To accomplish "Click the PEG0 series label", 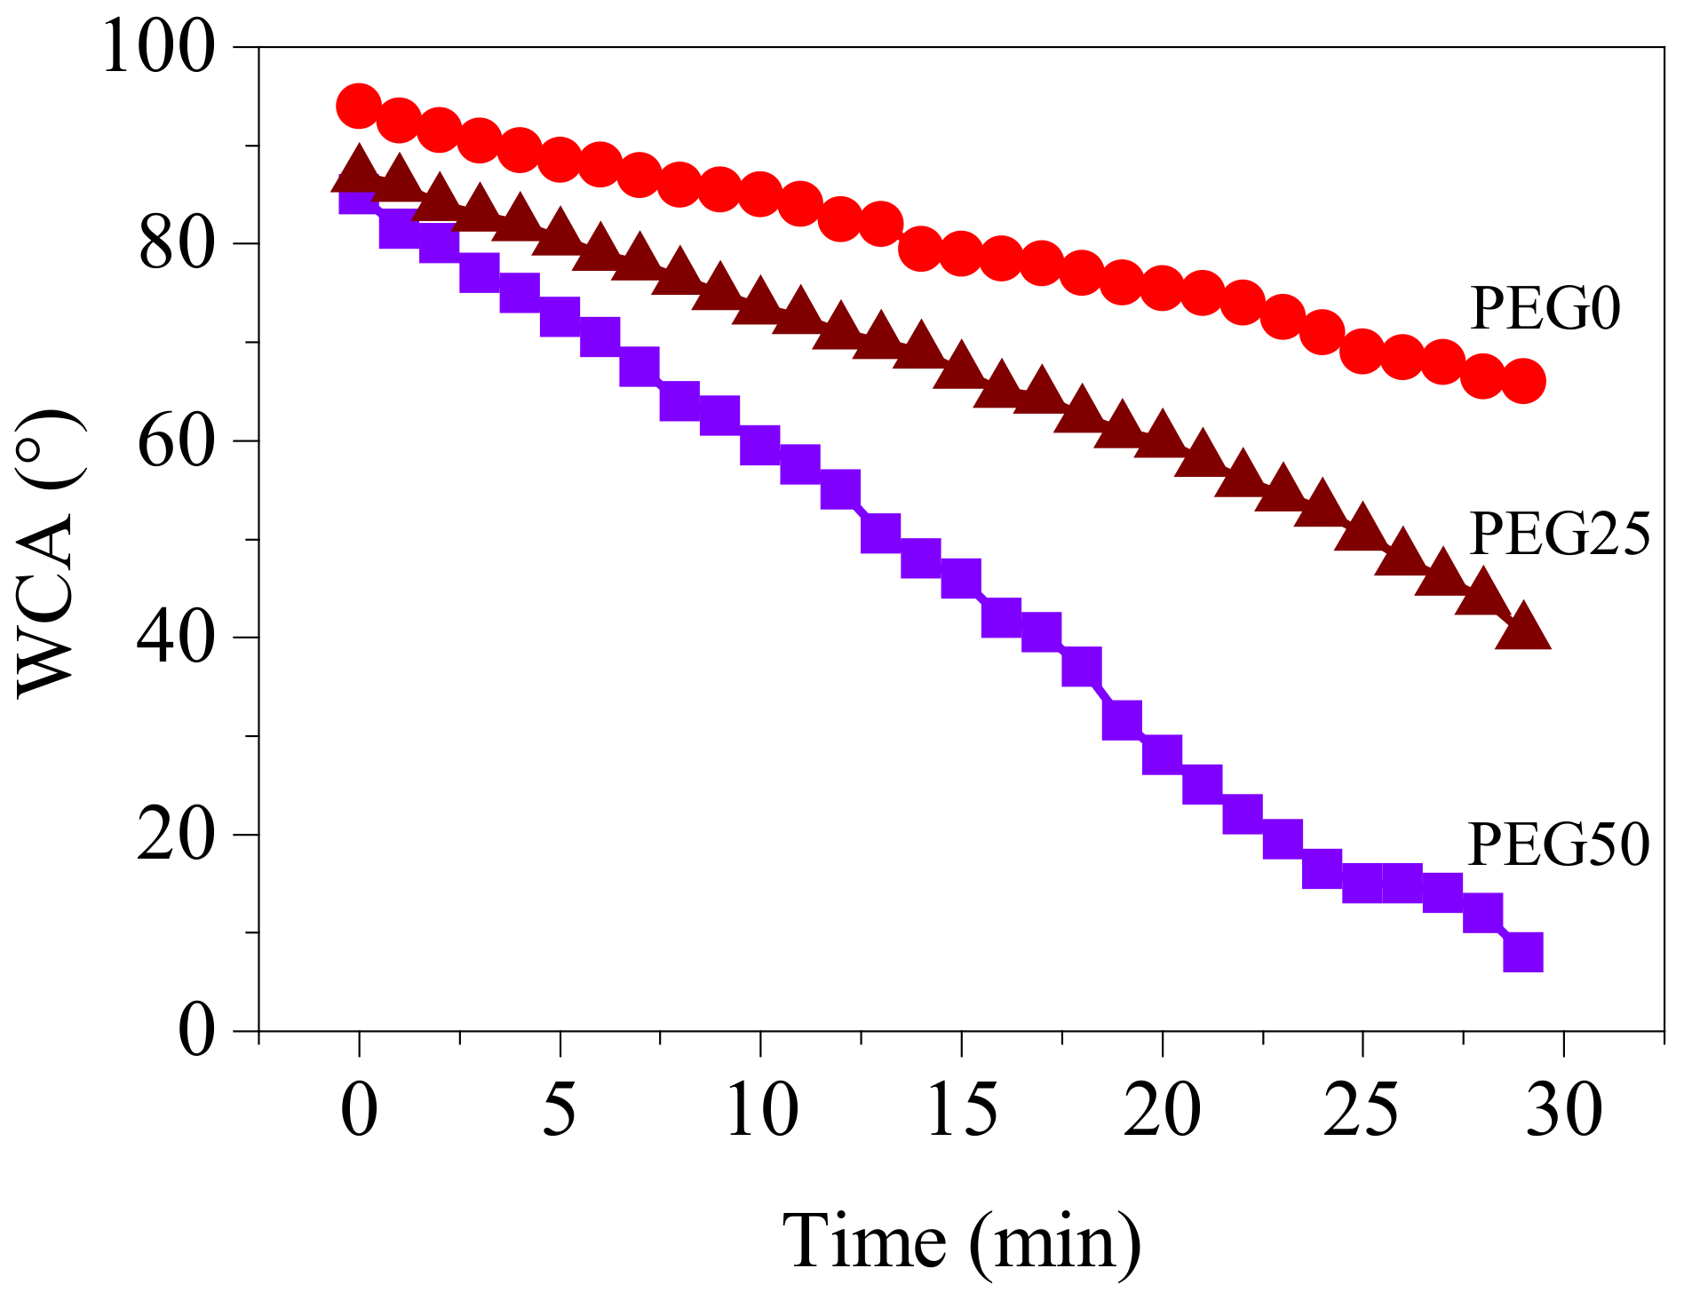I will click(1545, 309).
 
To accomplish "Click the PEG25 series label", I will click(1560, 535).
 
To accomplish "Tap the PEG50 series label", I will click(1559, 844).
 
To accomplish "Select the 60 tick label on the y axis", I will click(176, 440).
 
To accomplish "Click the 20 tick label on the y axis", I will click(176, 835).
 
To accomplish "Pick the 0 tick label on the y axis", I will click(196, 1032).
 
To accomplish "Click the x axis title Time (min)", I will click(962, 1241).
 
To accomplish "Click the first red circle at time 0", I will click(359, 107).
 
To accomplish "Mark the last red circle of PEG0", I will click(1523, 382).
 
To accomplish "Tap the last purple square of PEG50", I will click(1523, 952).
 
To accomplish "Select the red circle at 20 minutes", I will click(1162, 289).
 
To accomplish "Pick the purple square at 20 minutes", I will click(1162, 754).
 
